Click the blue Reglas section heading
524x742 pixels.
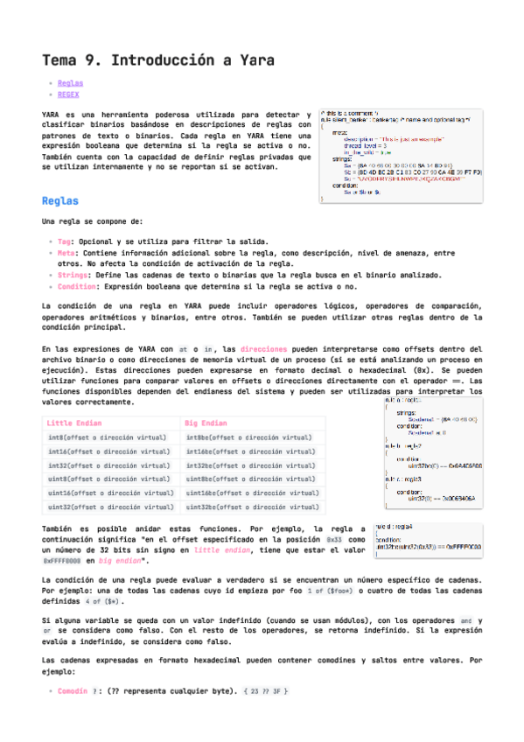pos(60,201)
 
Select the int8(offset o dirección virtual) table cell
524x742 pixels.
pos(108,437)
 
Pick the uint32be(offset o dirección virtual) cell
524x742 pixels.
pos(248,507)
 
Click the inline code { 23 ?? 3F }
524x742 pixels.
pos(266,691)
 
